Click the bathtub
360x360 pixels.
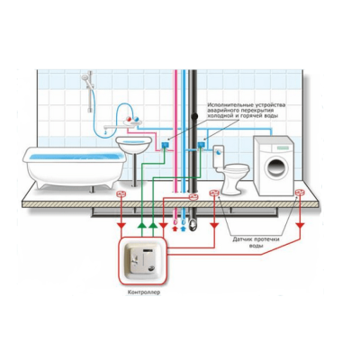75,166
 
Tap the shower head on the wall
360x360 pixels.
85,77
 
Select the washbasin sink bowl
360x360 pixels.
134,143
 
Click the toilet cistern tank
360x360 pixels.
218,156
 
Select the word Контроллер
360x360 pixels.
144,292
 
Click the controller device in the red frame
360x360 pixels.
143,260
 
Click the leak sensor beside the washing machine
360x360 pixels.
300,192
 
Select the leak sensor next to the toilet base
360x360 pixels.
214,193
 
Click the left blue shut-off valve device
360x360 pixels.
165,145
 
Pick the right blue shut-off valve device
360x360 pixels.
201,145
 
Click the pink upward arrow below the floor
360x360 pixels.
175,229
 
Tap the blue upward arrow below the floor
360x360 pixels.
184,229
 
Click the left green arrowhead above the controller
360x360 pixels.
142,225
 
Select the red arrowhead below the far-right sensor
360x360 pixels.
300,225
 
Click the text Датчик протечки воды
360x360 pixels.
256,242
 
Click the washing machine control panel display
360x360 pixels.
283,148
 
